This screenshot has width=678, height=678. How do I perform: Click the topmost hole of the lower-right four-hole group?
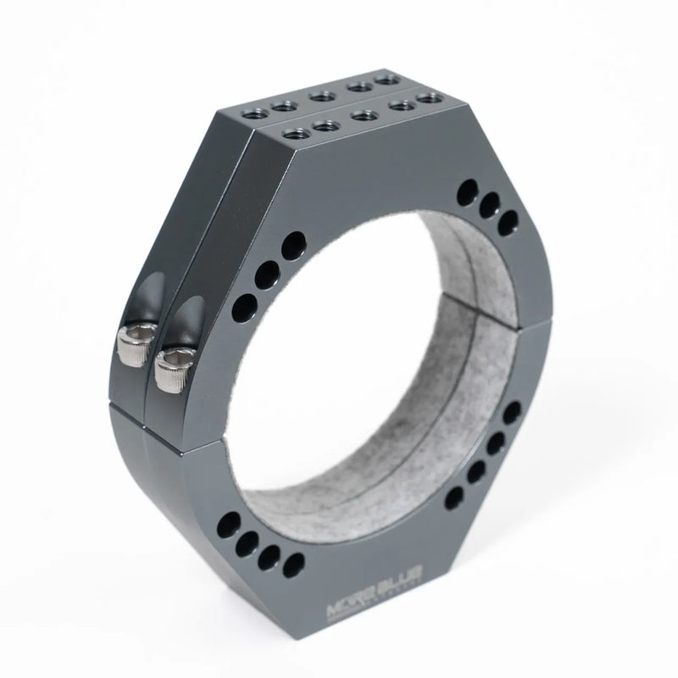(x=511, y=414)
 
